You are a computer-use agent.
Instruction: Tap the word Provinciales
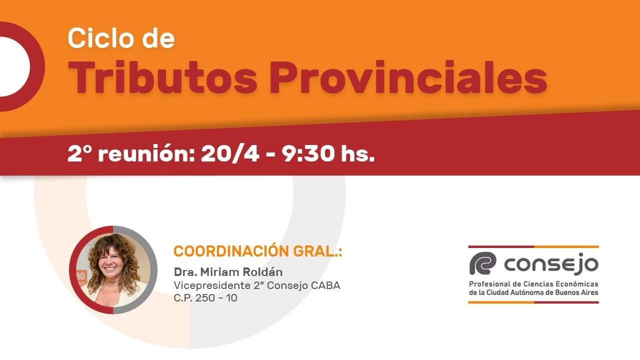coord(408,78)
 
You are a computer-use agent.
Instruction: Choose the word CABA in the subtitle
coord(325,285)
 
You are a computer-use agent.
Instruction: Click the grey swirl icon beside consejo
coord(482,263)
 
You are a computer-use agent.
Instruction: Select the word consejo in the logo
coord(551,264)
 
